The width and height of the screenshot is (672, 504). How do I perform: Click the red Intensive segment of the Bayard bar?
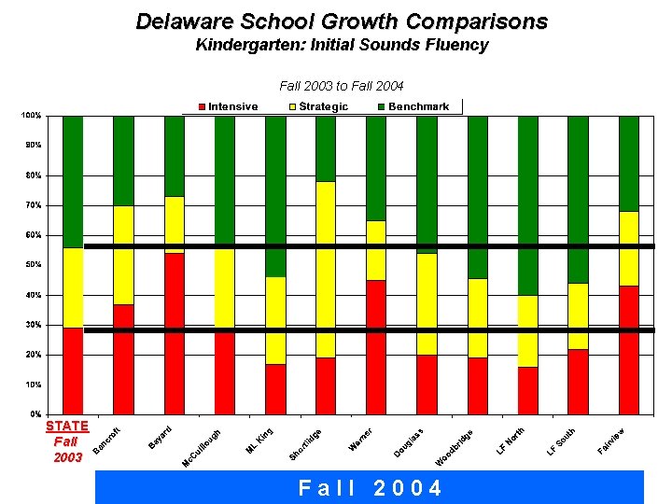click(x=174, y=333)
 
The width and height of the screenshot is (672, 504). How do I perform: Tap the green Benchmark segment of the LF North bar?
click(x=527, y=205)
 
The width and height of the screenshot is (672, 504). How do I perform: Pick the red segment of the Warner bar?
click(x=376, y=346)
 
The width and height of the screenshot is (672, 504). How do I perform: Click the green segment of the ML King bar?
click(x=275, y=196)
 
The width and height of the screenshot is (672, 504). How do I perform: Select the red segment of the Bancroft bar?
click(x=123, y=358)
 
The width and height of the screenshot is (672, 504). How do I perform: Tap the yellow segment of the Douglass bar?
click(x=427, y=304)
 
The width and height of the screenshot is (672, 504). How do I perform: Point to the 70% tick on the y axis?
click(x=31, y=205)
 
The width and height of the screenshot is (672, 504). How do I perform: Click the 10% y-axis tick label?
click(x=31, y=385)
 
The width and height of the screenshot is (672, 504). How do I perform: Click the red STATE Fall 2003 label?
click(x=67, y=441)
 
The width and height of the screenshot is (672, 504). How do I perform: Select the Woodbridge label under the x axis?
click(x=456, y=448)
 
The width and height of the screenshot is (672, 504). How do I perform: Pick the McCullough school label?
click(x=203, y=449)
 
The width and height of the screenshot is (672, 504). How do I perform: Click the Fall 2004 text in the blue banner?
click(x=370, y=488)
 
